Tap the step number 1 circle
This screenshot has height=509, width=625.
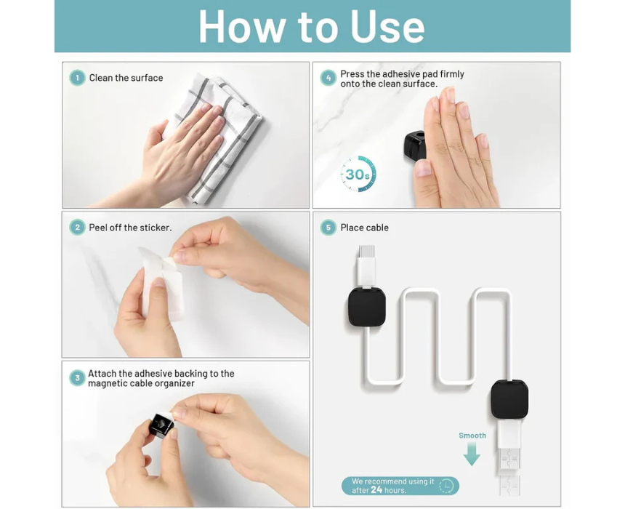click(77, 78)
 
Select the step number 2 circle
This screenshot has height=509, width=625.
click(77, 228)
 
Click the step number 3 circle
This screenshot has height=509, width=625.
click(77, 378)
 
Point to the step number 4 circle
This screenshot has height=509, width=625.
click(328, 78)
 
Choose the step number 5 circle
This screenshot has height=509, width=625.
click(328, 228)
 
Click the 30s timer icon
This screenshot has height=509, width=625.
click(358, 174)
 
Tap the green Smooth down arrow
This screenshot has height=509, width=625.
click(472, 454)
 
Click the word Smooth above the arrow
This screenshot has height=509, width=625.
click(472, 436)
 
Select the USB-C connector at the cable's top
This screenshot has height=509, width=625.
click(366, 265)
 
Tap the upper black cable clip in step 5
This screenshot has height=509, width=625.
click(367, 306)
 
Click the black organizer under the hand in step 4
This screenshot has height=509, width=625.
click(414, 145)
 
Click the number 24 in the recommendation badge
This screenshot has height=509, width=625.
click(376, 490)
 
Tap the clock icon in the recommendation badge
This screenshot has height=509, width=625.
click(446, 486)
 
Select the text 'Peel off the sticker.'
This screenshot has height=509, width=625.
click(130, 228)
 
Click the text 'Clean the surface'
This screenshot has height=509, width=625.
click(126, 78)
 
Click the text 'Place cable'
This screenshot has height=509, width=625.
click(364, 228)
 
